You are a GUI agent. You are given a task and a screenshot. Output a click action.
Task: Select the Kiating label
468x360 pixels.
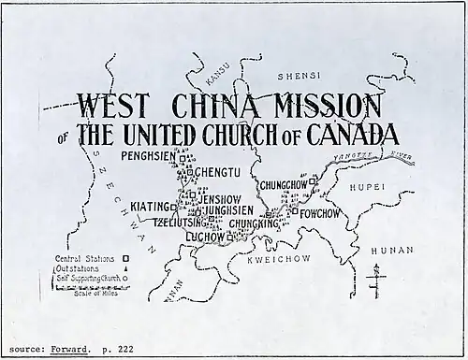151,206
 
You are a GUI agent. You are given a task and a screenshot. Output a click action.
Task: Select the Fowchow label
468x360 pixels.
323,212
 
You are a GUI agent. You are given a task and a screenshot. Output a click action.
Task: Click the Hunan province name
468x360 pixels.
390,251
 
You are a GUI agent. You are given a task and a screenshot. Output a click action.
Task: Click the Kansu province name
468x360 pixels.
212,69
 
